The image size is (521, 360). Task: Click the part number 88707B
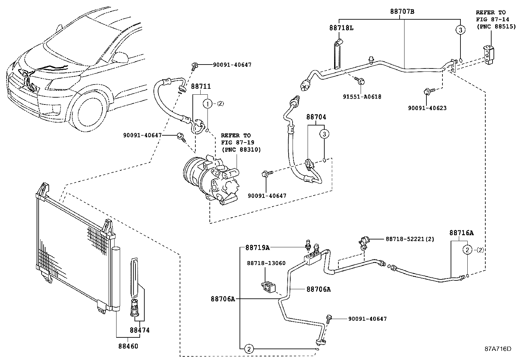(402, 11)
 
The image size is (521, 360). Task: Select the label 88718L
(341, 28)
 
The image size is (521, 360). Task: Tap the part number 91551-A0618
(362, 97)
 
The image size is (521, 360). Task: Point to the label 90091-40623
(427, 108)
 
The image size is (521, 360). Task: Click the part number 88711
(201, 86)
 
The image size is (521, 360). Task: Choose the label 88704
(316, 117)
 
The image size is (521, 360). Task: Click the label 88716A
(461, 233)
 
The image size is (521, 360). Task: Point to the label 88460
(128, 346)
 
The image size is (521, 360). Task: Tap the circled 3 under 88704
(324, 134)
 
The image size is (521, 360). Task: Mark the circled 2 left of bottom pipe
(248, 349)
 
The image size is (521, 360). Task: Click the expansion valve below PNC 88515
(489, 53)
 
